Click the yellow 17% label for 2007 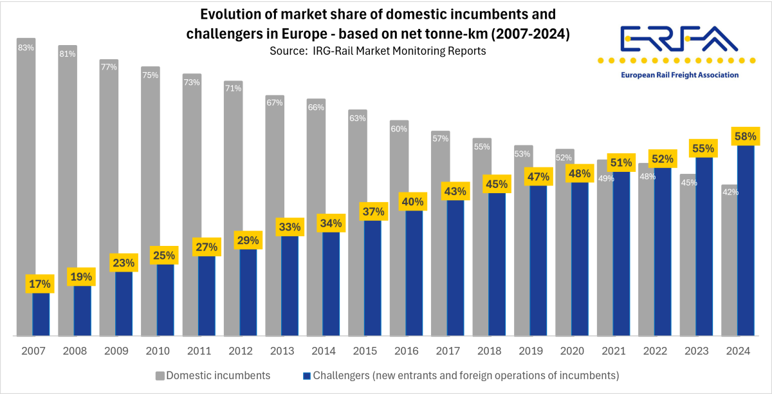point(39,284)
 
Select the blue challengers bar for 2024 point(746,245)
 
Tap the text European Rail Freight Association point(679,75)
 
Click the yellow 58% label point(746,136)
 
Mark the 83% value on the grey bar point(26,47)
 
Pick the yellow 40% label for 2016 point(412,202)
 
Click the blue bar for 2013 point(289,286)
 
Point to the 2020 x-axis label point(573,352)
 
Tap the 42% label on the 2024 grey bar point(730,192)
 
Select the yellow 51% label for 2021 point(620,162)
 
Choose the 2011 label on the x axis point(198,352)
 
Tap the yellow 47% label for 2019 point(537,176)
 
